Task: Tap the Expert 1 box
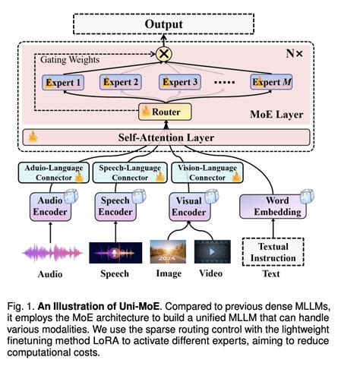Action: (64, 81)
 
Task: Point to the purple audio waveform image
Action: (50, 251)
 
